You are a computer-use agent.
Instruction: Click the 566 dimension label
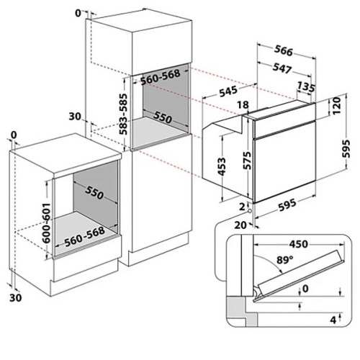[284, 50]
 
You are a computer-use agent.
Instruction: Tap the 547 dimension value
[282, 68]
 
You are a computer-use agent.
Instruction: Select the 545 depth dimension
[228, 91]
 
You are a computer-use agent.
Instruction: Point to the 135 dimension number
[305, 87]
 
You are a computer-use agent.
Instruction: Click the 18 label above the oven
[243, 104]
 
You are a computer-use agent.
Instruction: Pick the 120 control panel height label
[336, 106]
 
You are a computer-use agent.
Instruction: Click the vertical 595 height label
[346, 148]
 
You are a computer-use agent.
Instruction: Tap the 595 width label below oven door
[287, 205]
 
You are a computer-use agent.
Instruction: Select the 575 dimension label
[248, 161]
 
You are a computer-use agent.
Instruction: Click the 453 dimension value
[222, 166]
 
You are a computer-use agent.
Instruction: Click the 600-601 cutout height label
[46, 223]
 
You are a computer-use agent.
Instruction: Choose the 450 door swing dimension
[298, 244]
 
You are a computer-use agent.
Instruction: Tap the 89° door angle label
[284, 260]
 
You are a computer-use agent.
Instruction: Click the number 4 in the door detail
[333, 320]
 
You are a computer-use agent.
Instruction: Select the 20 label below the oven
[240, 225]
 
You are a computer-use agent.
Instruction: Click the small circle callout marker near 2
[250, 211]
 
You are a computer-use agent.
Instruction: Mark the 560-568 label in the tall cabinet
[160, 77]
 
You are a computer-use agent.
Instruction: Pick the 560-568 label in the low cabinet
[84, 236]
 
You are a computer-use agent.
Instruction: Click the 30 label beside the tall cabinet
[75, 117]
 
